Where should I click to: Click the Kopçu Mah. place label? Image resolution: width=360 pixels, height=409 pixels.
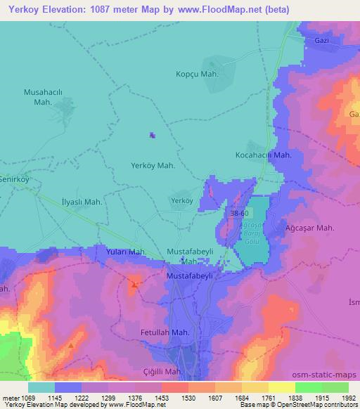click(x=197, y=74)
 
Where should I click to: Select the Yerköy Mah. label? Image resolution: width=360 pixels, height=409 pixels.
click(x=153, y=166)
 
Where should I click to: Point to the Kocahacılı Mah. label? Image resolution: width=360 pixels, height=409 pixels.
click(x=263, y=155)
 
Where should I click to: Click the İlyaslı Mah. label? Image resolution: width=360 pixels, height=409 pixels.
click(x=82, y=202)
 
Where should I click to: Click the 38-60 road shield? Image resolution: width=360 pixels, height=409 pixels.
click(x=238, y=212)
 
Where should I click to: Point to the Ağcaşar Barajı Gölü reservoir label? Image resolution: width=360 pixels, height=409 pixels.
click(x=250, y=232)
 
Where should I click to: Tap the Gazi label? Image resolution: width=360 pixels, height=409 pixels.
click(x=322, y=41)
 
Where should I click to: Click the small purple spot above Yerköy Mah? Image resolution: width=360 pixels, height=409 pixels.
click(x=153, y=136)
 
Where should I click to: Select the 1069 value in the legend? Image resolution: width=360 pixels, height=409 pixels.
click(x=27, y=397)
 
